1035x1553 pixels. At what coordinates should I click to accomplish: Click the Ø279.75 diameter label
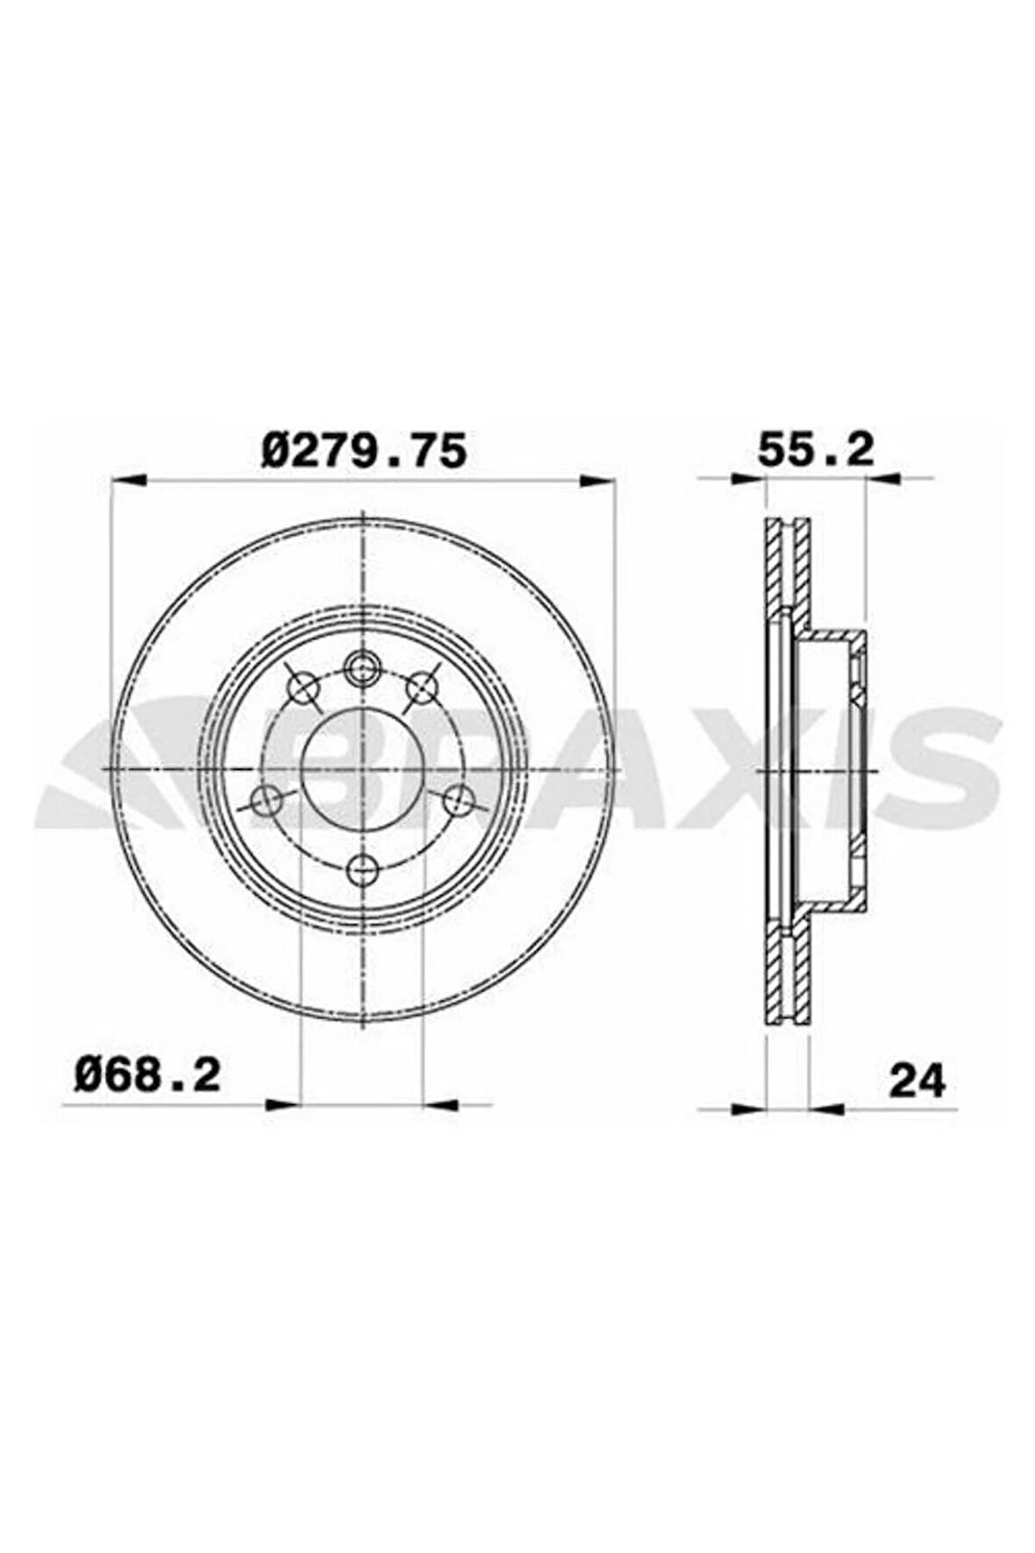coord(363,451)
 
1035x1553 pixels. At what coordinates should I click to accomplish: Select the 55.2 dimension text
coord(816,451)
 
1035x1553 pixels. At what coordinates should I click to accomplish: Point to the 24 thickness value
coord(917,1081)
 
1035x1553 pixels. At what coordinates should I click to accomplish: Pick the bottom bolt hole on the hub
coord(361,871)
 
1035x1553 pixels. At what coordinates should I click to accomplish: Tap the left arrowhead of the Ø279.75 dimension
coord(128,480)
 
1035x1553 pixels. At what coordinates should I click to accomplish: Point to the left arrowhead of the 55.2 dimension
coord(746,478)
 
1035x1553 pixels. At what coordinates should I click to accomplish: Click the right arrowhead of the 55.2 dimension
coord(884,478)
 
